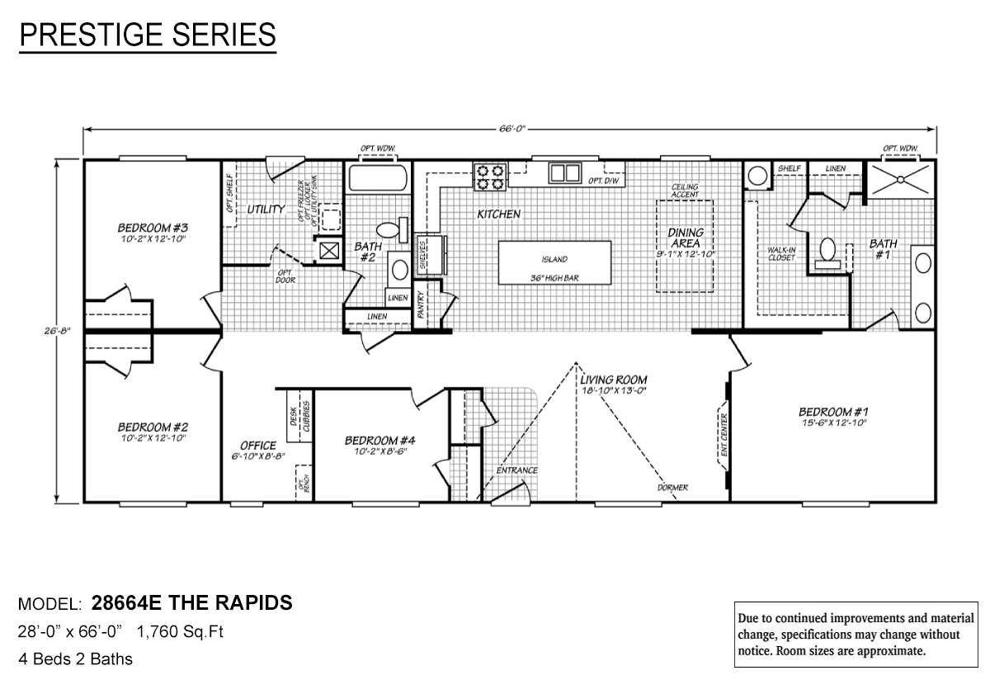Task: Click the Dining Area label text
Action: [x=685, y=238]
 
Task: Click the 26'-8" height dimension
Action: [x=59, y=331]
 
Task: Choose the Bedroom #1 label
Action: [x=833, y=412]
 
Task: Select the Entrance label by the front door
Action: [x=517, y=470]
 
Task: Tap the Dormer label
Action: [x=673, y=488]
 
